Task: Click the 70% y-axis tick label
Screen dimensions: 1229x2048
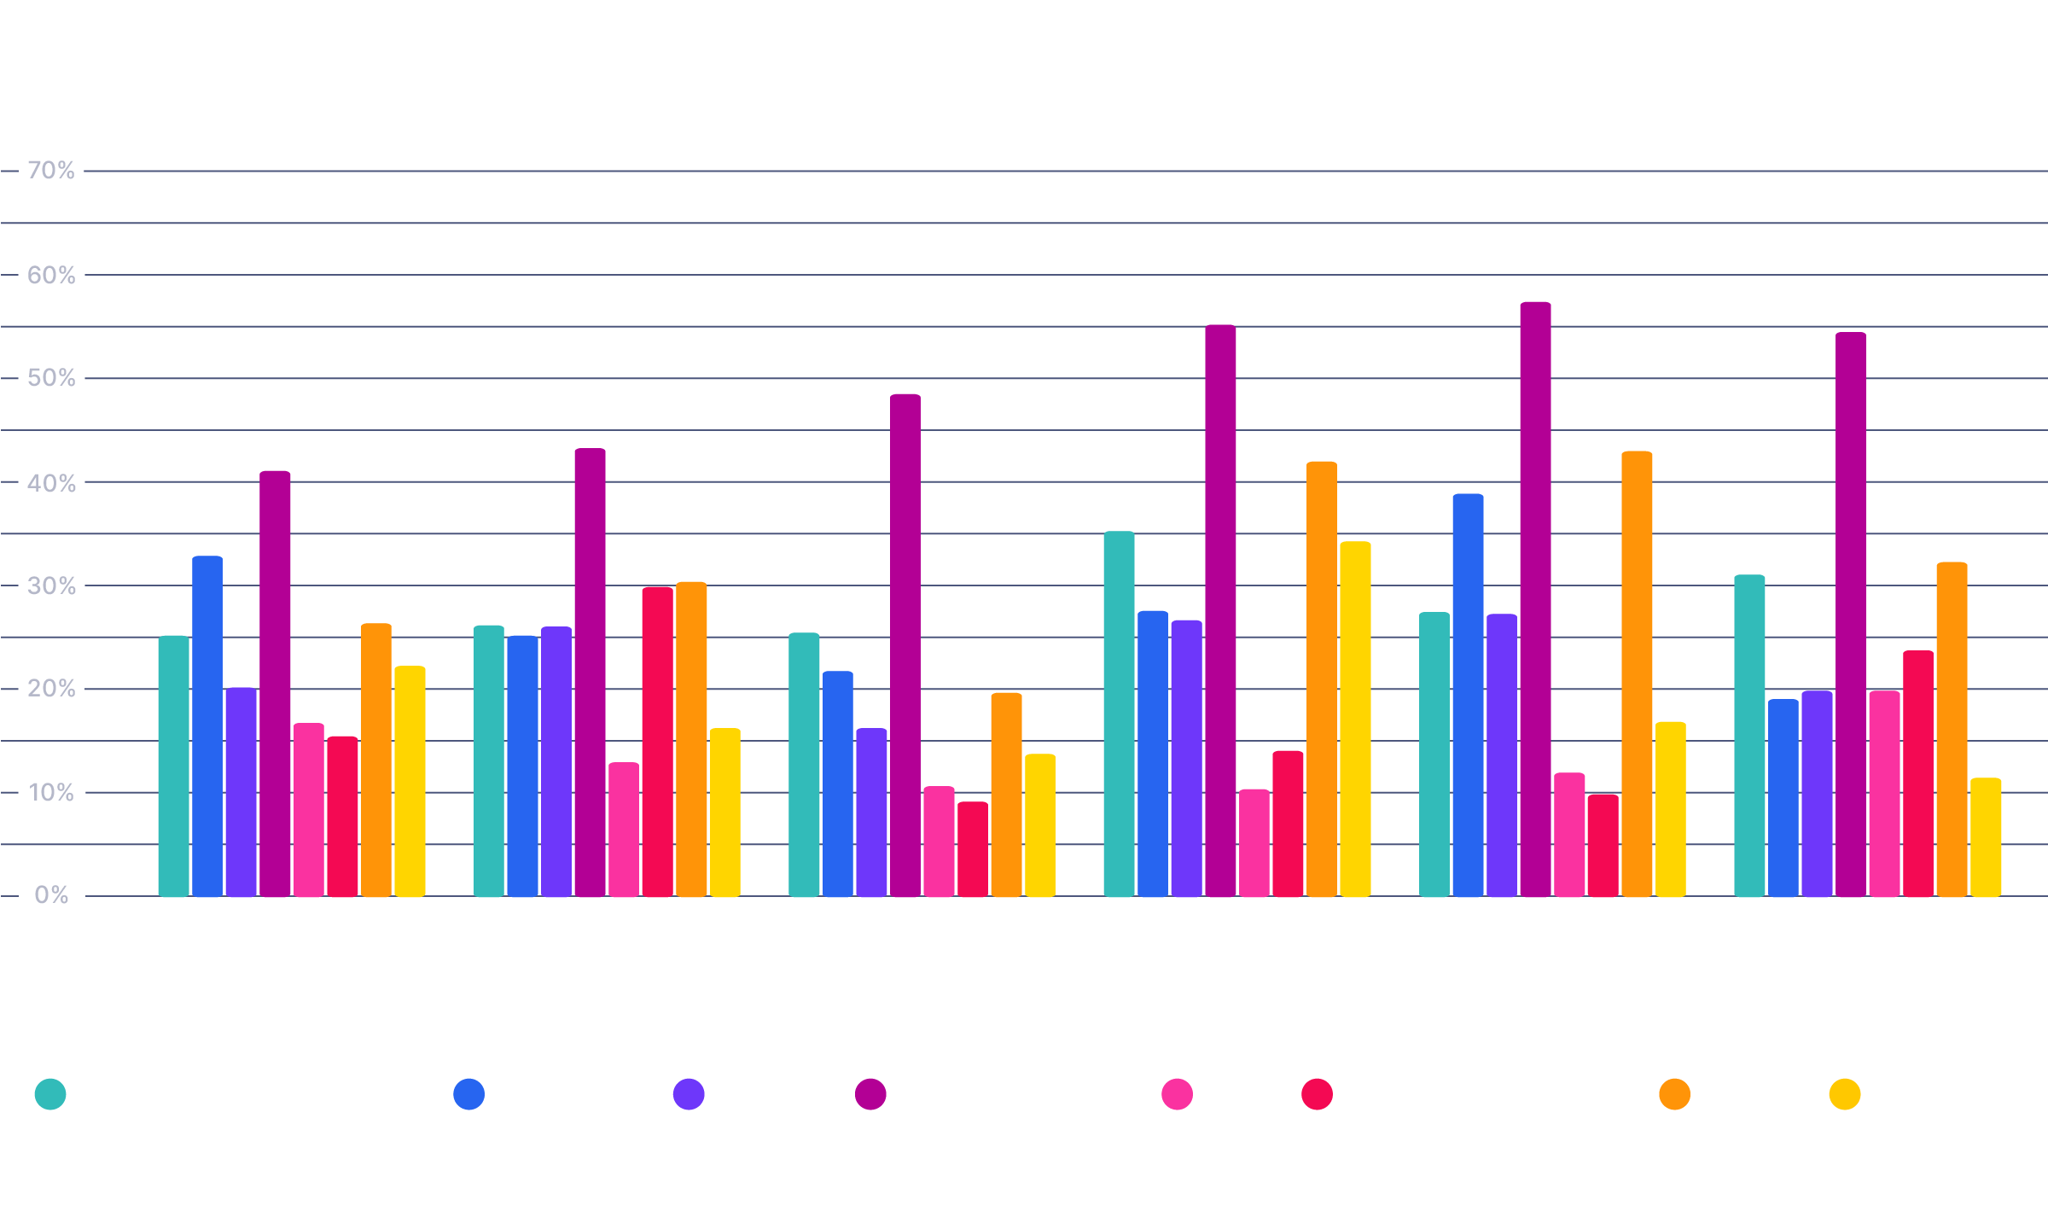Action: [51, 171]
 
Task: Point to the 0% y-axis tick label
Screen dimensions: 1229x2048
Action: [51, 895]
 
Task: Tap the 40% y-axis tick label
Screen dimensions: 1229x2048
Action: [51, 483]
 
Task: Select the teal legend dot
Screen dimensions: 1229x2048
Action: [50, 1094]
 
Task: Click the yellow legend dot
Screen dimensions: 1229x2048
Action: [1845, 1094]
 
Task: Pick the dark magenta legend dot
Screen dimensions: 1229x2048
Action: [870, 1094]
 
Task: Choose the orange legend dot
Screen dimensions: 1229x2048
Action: [1674, 1094]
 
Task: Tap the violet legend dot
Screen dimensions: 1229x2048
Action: [689, 1094]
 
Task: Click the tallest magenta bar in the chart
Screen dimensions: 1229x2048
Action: [1535, 597]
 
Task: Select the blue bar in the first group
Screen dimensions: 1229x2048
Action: [207, 725]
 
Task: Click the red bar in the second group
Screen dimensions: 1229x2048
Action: [657, 743]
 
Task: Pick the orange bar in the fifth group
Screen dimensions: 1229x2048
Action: [1637, 674]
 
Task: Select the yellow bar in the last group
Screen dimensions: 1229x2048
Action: [1986, 836]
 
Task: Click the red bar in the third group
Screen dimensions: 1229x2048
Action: [973, 849]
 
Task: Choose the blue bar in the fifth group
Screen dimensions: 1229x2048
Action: [1468, 696]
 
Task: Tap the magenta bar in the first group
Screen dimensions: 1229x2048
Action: [275, 683]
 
